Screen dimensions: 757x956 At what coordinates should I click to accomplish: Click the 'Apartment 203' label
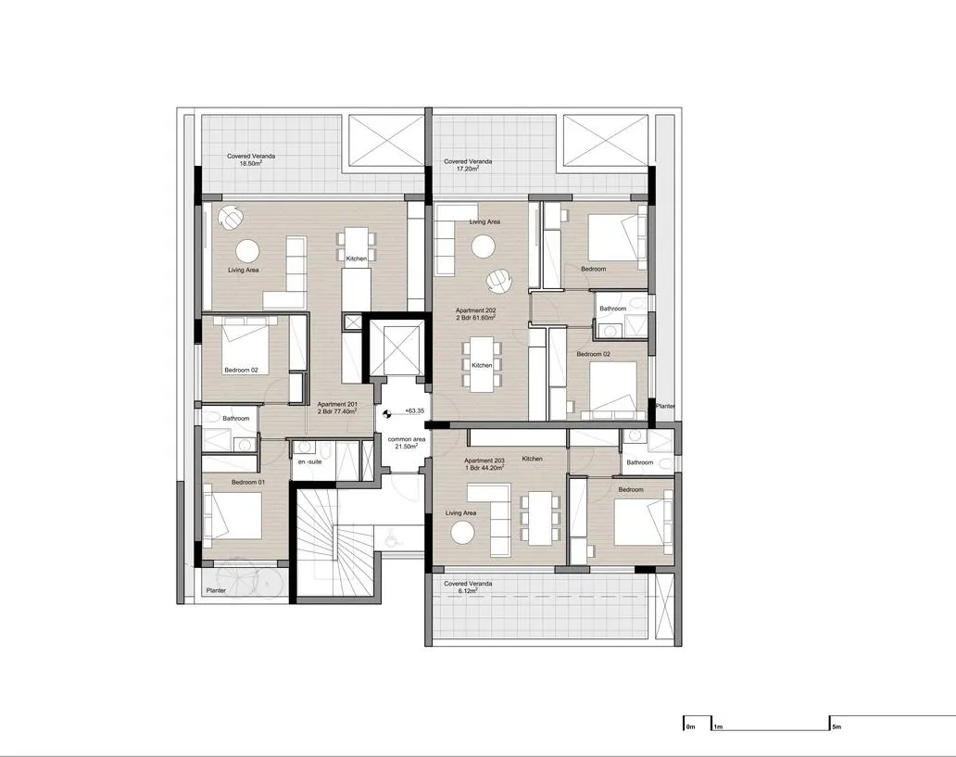pos(484,464)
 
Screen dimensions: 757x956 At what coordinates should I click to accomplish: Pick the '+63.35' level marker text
pos(414,411)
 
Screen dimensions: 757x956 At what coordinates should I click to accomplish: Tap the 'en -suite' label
pos(308,461)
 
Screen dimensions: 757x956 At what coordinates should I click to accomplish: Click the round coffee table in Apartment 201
pos(248,250)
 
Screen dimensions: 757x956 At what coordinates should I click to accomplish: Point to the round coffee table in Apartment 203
pos(461,532)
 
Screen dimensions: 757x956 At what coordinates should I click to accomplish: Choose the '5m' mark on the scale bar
pos(836,727)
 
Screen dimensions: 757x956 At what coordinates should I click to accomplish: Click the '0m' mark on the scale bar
pos(689,727)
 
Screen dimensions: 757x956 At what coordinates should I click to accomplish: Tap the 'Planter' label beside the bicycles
pos(216,589)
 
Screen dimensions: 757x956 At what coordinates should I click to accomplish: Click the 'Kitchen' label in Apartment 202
pos(483,366)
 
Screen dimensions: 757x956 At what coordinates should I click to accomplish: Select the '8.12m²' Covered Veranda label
pos(467,587)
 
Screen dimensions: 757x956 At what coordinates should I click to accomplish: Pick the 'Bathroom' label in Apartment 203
pos(639,462)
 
